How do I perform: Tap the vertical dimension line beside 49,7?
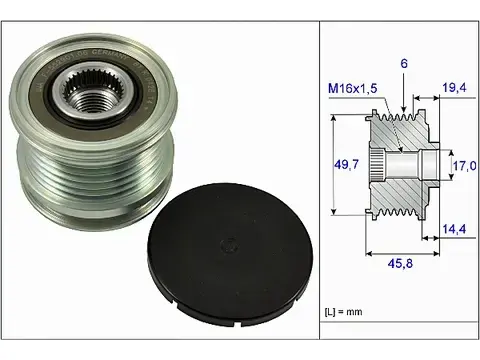(x=333, y=164)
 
